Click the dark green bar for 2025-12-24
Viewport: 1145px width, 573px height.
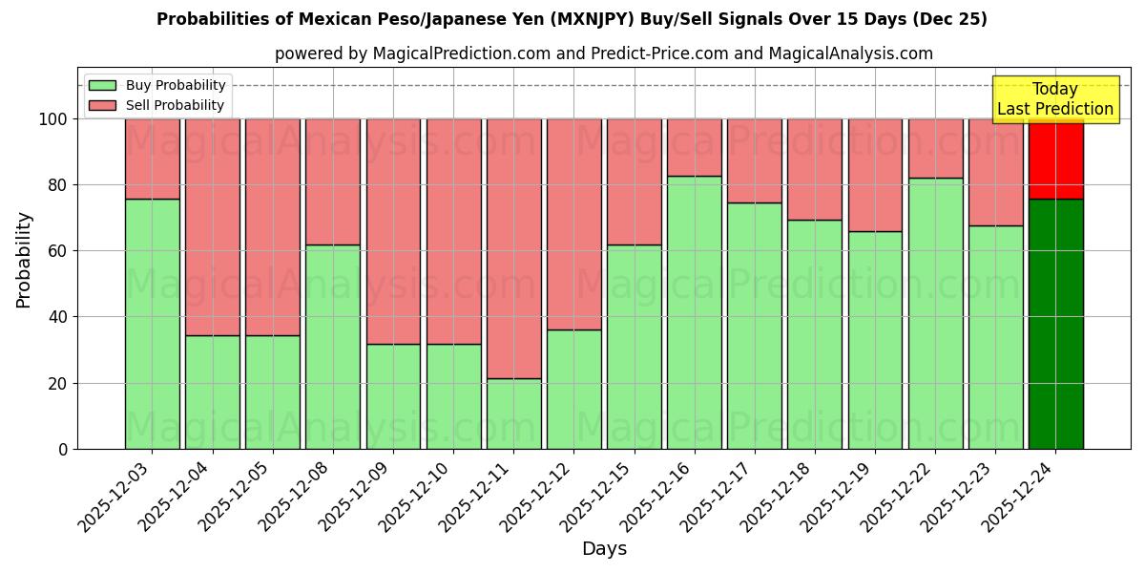point(1055,324)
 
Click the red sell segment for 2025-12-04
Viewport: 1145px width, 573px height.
point(212,226)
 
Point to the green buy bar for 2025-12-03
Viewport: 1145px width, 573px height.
point(152,324)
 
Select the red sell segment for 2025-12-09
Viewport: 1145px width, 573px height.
point(393,231)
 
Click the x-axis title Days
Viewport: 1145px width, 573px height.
point(604,549)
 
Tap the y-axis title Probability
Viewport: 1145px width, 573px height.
point(24,259)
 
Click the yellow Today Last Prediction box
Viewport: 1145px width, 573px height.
point(1054,99)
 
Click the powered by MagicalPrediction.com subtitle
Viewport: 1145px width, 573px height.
point(604,53)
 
